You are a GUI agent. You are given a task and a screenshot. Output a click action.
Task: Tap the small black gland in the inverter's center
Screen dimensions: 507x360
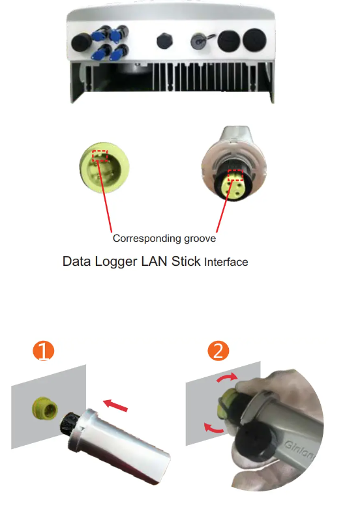pos(163,41)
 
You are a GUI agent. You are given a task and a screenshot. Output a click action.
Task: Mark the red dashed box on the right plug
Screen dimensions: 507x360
pos(235,175)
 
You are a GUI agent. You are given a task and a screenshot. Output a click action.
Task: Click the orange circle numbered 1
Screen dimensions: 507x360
pos(43,351)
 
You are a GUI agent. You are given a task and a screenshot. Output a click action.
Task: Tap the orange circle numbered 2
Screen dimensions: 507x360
pos(218,351)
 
